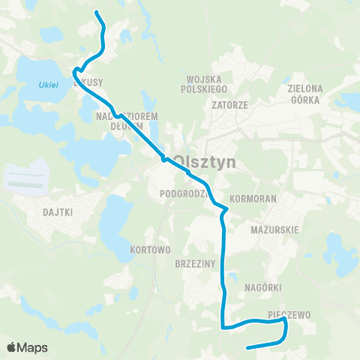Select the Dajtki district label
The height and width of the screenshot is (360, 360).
click(x=58, y=212)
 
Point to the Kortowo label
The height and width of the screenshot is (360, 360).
click(x=151, y=249)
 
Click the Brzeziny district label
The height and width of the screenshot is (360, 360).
click(x=195, y=264)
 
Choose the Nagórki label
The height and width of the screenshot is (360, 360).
click(x=262, y=286)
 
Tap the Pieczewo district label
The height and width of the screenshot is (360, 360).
click(x=289, y=315)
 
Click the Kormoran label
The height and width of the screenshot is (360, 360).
click(x=253, y=200)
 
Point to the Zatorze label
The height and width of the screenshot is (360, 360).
click(x=229, y=105)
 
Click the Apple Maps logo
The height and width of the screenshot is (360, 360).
click(x=27, y=347)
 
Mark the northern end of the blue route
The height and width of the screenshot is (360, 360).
click(x=97, y=12)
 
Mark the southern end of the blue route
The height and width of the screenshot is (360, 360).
click(x=247, y=347)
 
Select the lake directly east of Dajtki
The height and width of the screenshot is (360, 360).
click(x=115, y=221)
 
